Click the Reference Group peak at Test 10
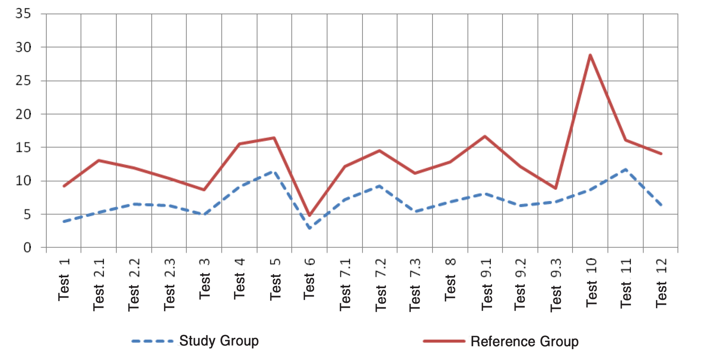point(590,55)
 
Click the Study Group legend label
point(219,341)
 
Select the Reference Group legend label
point(524,342)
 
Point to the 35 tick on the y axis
point(23,14)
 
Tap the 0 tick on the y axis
point(27,248)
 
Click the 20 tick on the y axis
point(23,114)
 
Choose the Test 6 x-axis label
point(309,279)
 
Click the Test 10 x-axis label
point(591,283)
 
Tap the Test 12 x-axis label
point(661,283)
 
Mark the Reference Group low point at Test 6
point(309,216)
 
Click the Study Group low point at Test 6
point(309,228)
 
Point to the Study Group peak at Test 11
point(626,169)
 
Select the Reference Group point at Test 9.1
point(485,136)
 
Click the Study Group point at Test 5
point(274,171)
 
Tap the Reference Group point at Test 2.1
point(99,160)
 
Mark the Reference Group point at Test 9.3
point(555,188)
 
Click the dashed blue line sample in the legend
point(152,342)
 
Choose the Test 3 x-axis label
point(204,280)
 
